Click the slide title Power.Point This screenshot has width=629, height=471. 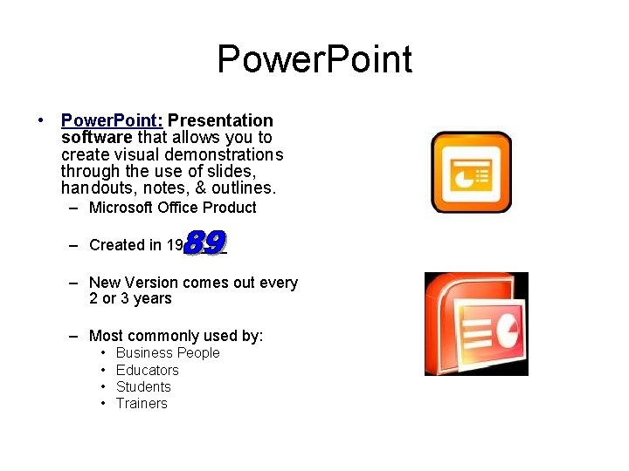(x=314, y=60)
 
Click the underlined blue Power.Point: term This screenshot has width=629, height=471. (x=111, y=120)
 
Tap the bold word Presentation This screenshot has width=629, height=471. (x=220, y=120)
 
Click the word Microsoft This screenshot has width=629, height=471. (x=121, y=208)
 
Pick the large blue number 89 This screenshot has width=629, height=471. (x=206, y=242)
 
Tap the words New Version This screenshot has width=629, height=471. (x=128, y=283)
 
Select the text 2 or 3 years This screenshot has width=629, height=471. (x=130, y=298)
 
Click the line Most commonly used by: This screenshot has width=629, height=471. (x=176, y=336)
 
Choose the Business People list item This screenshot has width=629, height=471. (x=168, y=353)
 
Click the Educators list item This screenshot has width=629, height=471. (x=147, y=370)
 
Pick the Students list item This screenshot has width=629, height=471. (x=143, y=386)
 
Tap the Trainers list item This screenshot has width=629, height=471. (x=142, y=403)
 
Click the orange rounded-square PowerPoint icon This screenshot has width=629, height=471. (x=471, y=172)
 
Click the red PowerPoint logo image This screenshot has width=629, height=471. (x=476, y=324)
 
